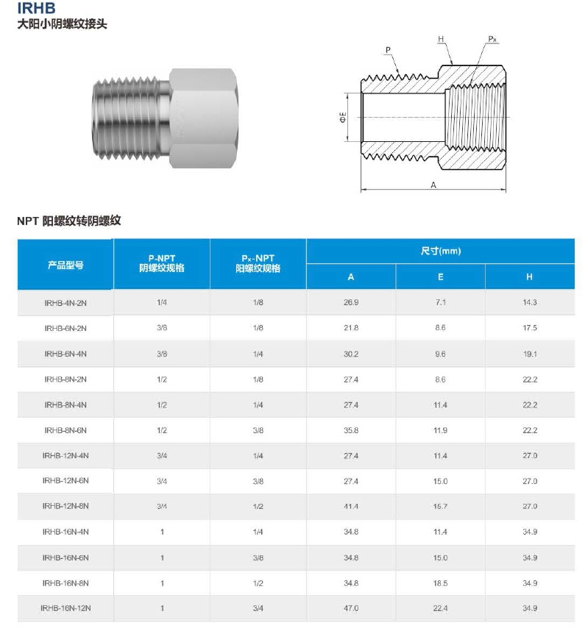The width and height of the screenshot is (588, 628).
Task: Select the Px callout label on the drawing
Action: coord(492,38)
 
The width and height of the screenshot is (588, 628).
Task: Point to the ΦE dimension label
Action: coord(343,117)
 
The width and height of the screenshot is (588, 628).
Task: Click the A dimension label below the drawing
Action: coord(433,185)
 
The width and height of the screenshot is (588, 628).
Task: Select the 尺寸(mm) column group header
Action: coord(440,251)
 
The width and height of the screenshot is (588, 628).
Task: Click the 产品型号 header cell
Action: coord(65,265)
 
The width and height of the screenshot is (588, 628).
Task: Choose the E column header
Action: coord(440,277)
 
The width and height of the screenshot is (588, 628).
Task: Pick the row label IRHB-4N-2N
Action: coord(65,303)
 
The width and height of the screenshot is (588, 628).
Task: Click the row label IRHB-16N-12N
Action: coord(65,608)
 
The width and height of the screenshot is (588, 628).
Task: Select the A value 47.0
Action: coord(351,608)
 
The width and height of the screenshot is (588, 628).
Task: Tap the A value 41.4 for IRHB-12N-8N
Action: coord(351,507)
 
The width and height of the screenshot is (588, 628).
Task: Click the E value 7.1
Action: coord(440,303)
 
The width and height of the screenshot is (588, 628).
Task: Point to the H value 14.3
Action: coord(530,303)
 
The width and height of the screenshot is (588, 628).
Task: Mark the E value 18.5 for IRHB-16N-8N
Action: coord(440,583)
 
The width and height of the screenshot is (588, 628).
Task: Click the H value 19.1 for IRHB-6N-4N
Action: coord(530,354)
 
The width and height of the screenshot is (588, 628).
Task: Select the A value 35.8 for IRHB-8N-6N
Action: coord(351,430)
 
